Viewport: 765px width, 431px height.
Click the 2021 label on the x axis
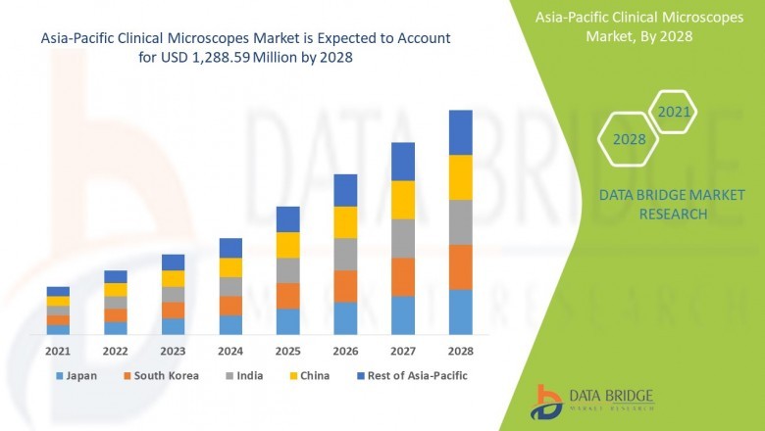[x=58, y=351]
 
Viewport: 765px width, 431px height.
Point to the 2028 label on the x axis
[x=461, y=351]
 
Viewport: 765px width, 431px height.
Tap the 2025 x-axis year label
[x=287, y=351]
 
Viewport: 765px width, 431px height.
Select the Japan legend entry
[x=79, y=375]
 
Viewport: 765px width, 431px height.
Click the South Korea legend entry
[x=160, y=375]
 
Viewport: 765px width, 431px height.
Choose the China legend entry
[x=310, y=375]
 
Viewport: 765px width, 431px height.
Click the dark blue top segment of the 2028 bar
[x=461, y=132]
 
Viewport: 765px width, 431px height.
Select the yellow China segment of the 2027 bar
[x=403, y=200]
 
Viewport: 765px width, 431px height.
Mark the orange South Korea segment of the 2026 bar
[x=345, y=286]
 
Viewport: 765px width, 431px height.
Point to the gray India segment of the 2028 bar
[x=461, y=222]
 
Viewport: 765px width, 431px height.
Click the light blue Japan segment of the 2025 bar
[x=287, y=322]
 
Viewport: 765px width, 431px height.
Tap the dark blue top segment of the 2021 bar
[x=58, y=291]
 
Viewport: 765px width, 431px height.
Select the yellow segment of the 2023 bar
[x=173, y=278]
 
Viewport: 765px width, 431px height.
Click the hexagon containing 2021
[x=673, y=113]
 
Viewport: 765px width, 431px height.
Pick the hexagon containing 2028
[x=629, y=139]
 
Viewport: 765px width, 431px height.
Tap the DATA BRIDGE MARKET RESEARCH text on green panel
[x=653, y=205]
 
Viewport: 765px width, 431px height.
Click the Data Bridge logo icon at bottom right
[x=547, y=401]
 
